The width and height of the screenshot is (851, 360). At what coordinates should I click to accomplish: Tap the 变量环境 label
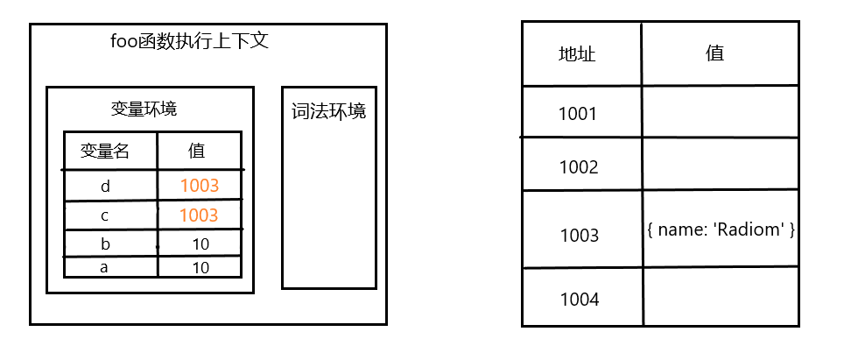coord(144,109)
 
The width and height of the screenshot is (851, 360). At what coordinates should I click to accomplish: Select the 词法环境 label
coord(328,112)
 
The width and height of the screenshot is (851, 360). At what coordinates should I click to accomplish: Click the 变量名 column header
coord(105,151)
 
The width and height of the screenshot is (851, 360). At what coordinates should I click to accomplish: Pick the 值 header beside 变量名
coord(197,151)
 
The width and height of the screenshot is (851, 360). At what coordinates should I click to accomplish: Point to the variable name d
coord(105,186)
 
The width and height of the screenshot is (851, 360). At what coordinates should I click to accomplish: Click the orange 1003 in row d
coord(199,186)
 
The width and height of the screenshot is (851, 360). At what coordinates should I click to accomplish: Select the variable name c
coord(105,215)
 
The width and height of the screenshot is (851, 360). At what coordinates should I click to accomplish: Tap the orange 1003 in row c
coord(199,215)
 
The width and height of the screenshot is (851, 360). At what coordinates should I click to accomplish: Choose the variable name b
coord(105,243)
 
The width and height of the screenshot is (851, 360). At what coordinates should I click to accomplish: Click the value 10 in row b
coord(200,243)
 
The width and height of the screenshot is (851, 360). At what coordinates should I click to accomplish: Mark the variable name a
coord(105,267)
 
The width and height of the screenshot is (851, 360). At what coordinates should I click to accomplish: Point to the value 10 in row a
coord(200,267)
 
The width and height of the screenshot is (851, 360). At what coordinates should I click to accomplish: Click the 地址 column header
coord(577,54)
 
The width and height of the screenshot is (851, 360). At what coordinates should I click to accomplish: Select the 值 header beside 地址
coord(714,53)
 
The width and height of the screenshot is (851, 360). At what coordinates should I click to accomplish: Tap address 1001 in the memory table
coord(578,114)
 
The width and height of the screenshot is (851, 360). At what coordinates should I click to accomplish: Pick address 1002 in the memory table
coord(578,166)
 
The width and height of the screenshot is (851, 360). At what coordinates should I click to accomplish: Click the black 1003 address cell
coord(580,235)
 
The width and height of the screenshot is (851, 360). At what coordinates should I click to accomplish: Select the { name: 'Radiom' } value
coord(721,230)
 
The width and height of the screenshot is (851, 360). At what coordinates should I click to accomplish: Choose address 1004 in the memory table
coord(580,300)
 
